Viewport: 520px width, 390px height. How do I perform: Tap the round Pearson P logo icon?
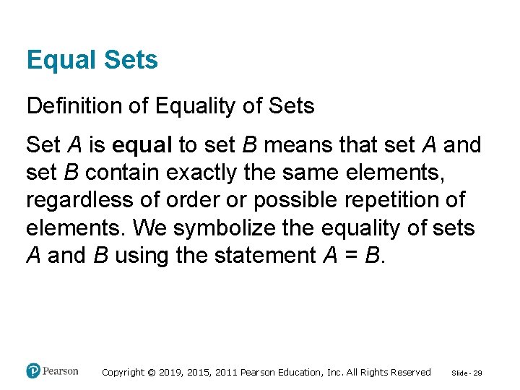tap(33, 371)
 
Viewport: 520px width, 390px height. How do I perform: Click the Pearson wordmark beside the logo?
tap(60, 371)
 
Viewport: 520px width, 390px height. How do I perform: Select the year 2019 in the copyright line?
tap(171, 373)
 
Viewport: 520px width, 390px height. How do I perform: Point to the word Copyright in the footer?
tap(123, 373)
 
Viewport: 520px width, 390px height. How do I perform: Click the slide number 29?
tap(478, 373)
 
